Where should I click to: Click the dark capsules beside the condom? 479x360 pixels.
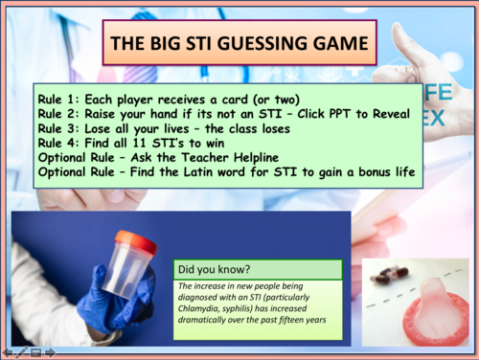click(381, 277)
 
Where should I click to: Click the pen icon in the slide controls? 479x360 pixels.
click(21, 352)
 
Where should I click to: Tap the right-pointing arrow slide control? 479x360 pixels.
click(50, 352)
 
